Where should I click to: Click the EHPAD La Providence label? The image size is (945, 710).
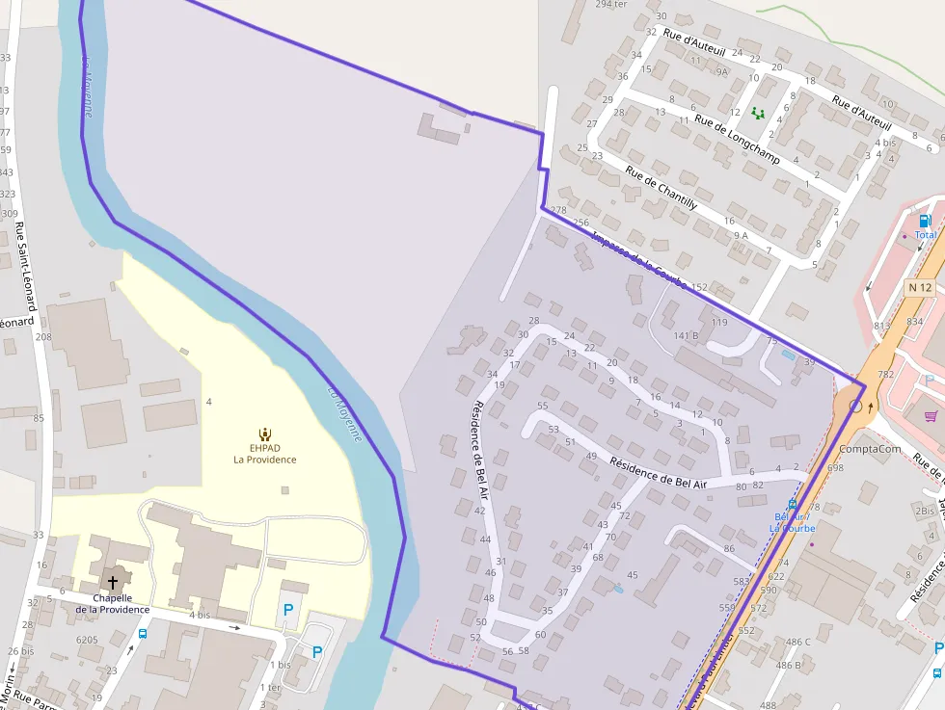click(x=264, y=454)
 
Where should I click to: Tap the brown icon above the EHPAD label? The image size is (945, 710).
click(x=265, y=434)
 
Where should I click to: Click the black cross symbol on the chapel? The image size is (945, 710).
click(x=113, y=583)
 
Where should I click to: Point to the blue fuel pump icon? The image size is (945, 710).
click(x=925, y=221)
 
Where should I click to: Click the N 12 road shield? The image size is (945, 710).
click(x=920, y=287)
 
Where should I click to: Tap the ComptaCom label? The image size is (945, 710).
click(x=870, y=449)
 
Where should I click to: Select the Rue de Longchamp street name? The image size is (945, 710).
click(x=737, y=140)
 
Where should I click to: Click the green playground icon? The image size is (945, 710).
click(x=758, y=113)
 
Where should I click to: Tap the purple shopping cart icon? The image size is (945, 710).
click(x=931, y=416)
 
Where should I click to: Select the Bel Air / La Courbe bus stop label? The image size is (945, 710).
click(x=792, y=522)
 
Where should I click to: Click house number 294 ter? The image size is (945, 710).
click(x=611, y=4)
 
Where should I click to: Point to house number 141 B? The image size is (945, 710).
click(x=686, y=335)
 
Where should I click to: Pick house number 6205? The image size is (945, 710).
click(x=87, y=640)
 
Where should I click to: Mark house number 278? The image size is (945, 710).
click(x=557, y=210)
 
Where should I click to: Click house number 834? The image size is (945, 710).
click(x=914, y=321)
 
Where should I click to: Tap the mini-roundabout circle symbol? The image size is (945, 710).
click(x=855, y=408)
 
